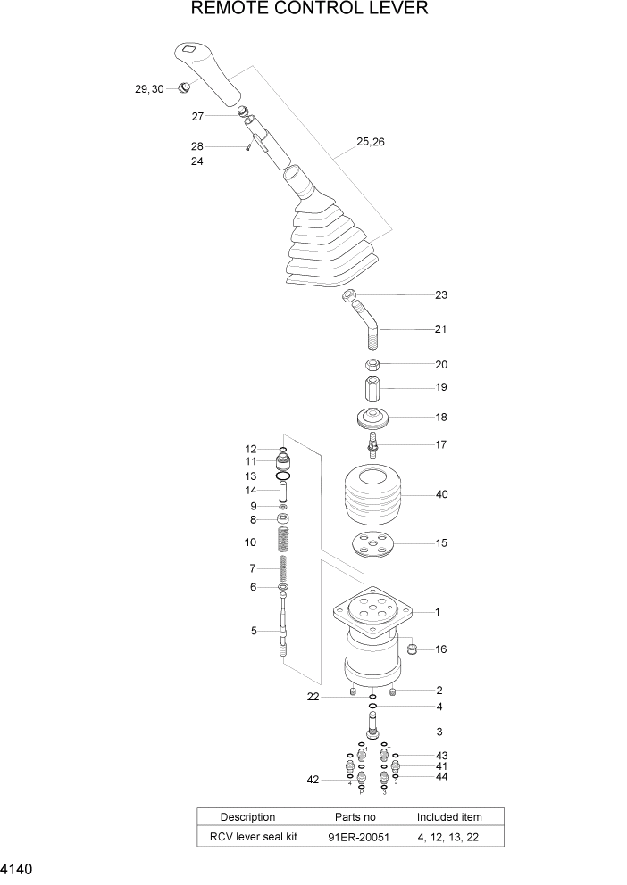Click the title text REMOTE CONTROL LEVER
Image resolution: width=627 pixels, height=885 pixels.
click(310, 10)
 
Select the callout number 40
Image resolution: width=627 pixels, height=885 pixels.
click(441, 495)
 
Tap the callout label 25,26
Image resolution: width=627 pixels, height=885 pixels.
click(371, 142)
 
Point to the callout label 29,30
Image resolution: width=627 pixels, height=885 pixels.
click(149, 89)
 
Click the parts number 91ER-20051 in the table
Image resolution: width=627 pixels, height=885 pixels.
click(355, 836)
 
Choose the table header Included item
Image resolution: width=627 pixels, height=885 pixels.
click(449, 816)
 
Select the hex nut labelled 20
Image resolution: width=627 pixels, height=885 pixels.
click(373, 364)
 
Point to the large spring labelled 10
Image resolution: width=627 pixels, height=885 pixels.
click(284, 541)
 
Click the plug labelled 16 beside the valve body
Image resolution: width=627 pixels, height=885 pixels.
click(413, 649)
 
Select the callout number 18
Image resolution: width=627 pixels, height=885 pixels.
click(441, 417)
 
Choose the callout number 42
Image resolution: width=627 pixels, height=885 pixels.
click(312, 780)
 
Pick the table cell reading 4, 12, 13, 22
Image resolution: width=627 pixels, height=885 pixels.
click(449, 836)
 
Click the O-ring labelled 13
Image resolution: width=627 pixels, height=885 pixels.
click(284, 476)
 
